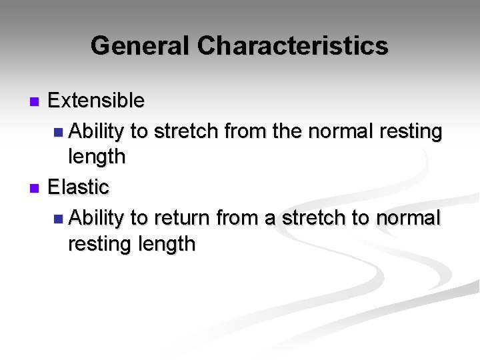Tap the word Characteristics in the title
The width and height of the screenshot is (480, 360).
pyautogui.click(x=293, y=46)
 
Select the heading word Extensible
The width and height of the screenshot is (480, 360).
pyautogui.click(x=96, y=101)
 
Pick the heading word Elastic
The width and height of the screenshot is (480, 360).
pyautogui.click(x=78, y=187)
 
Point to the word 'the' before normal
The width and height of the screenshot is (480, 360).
pyautogui.click(x=287, y=131)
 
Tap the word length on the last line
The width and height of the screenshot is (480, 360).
pyautogui.click(x=167, y=245)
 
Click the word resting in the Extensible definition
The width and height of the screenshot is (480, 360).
pyautogui.click(x=411, y=132)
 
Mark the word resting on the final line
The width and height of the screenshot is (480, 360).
pyautogui.click(x=100, y=245)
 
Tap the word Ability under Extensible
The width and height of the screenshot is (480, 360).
pyautogui.click(x=96, y=132)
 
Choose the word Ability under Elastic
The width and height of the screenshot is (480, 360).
pyautogui.click(x=96, y=219)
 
